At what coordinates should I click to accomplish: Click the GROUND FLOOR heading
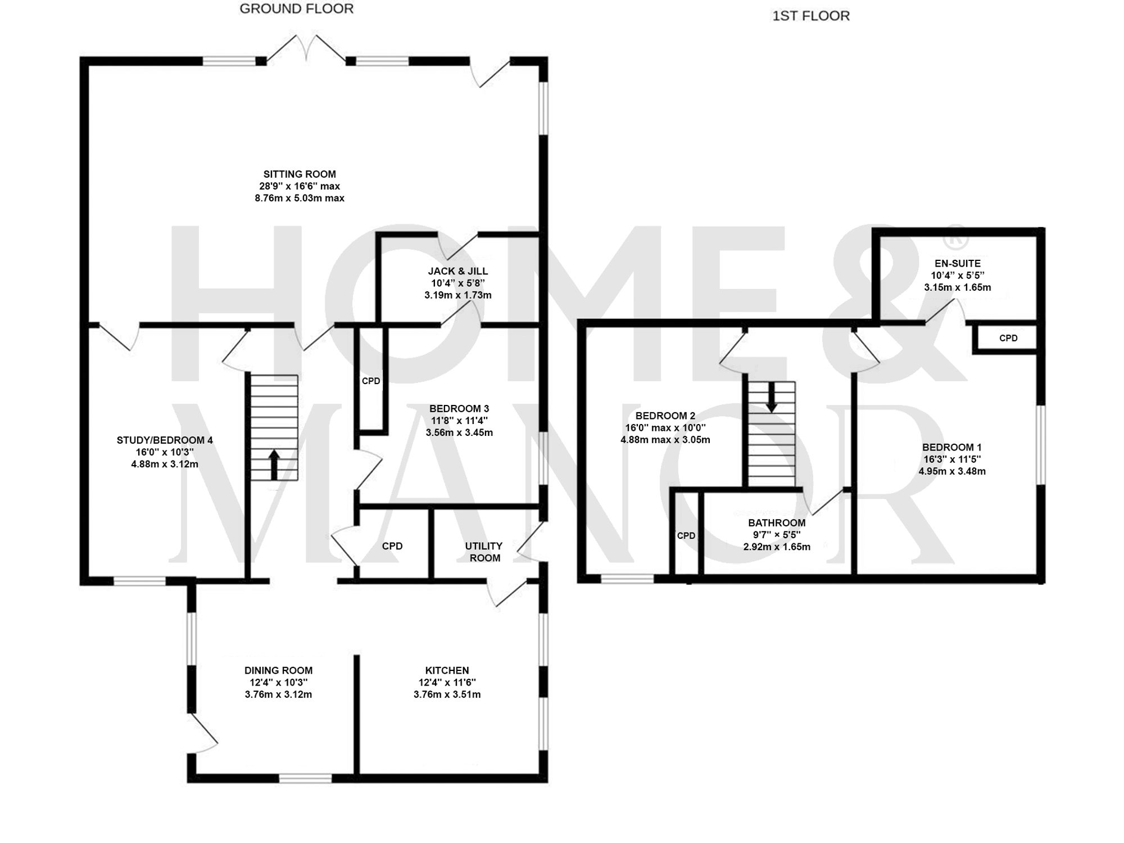click(x=296, y=9)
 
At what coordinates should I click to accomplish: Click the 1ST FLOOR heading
click(x=810, y=16)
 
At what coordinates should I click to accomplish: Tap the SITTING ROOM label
click(x=300, y=174)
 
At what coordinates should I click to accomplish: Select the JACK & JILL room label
click(x=457, y=271)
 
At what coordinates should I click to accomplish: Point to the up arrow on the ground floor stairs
click(x=274, y=465)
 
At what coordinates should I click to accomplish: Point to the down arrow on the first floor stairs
click(x=772, y=396)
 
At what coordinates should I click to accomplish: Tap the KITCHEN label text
click(x=447, y=670)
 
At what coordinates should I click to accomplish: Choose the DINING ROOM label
click(x=278, y=670)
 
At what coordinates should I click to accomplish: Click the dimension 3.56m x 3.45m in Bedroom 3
click(x=459, y=432)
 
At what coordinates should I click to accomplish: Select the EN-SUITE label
click(x=958, y=263)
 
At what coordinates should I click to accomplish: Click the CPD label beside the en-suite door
click(x=1008, y=339)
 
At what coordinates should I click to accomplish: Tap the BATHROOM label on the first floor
click(x=777, y=523)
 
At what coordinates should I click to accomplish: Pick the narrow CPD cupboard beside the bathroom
click(x=686, y=535)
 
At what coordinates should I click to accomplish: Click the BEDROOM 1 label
click(x=952, y=447)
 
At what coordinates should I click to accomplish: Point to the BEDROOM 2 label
click(x=665, y=416)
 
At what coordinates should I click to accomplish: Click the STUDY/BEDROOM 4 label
click(x=165, y=440)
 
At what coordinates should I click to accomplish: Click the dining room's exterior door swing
click(x=205, y=734)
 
